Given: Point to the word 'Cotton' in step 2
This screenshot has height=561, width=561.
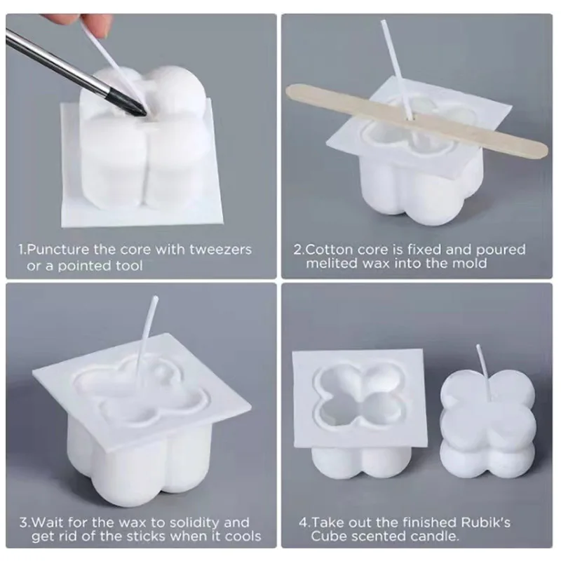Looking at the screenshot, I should click(329, 250).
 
